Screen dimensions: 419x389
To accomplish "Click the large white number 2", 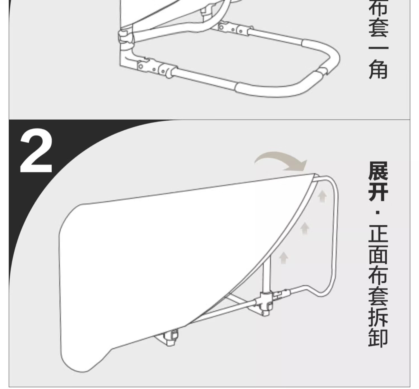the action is (36, 151).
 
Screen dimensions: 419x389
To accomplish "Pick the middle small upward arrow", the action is (305, 228).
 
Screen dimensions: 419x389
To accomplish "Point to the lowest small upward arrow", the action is (284, 258).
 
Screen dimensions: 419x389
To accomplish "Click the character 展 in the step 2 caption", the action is (378, 171).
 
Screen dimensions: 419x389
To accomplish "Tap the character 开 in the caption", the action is (378, 193).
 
